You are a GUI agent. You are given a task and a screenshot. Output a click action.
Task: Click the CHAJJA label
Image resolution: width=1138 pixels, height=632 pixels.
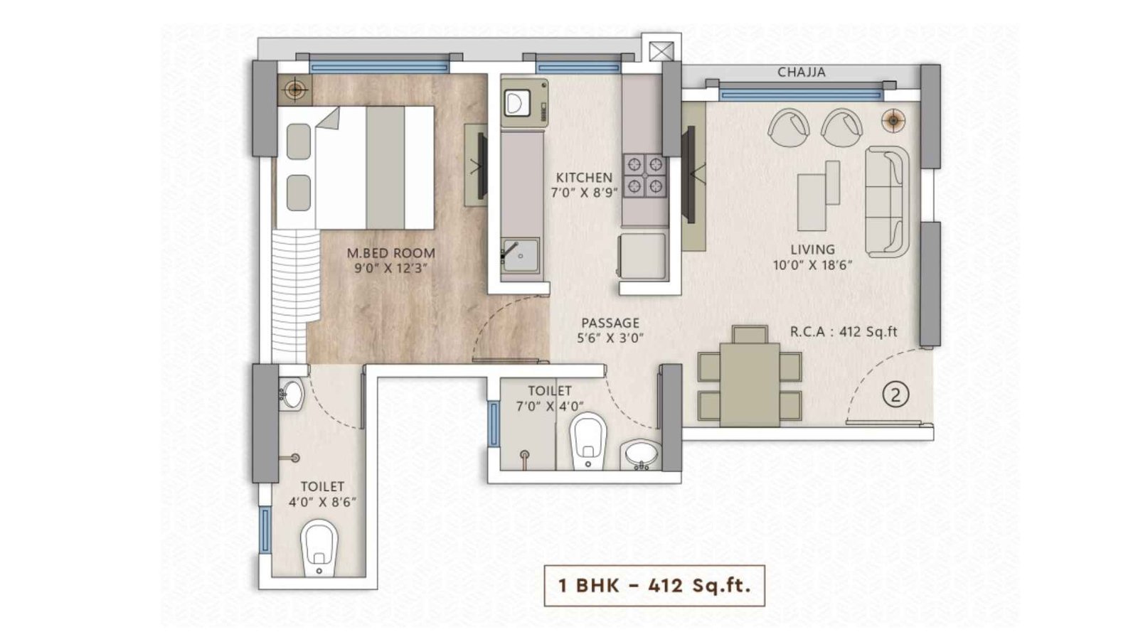pyautogui.click(x=801, y=72)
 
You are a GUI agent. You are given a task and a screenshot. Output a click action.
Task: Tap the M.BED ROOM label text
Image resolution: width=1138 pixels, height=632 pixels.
pyautogui.click(x=390, y=252)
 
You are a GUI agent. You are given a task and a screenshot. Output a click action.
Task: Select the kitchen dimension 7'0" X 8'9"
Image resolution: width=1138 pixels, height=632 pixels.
pyautogui.click(x=584, y=192)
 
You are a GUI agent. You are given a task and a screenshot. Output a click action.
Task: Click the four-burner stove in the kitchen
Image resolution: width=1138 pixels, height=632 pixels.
pyautogui.click(x=645, y=175)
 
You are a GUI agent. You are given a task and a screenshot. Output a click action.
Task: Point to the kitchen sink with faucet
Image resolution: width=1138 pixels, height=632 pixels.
pyautogui.click(x=520, y=253)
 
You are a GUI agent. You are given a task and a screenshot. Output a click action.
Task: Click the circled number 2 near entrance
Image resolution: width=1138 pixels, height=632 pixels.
pyautogui.click(x=895, y=394)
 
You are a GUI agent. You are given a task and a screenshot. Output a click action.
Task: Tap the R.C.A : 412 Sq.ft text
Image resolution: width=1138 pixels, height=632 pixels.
pyautogui.click(x=844, y=331)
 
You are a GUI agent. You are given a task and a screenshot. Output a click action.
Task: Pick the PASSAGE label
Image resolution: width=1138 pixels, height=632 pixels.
pyautogui.click(x=610, y=323)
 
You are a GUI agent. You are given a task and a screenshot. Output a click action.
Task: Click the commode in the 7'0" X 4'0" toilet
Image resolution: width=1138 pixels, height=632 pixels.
pyautogui.click(x=588, y=440)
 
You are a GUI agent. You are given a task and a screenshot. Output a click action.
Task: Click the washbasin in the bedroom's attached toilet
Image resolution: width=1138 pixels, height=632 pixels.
pyautogui.click(x=292, y=393)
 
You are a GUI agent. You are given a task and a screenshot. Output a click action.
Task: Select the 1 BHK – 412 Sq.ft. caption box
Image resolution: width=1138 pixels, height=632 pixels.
pyautogui.click(x=654, y=586)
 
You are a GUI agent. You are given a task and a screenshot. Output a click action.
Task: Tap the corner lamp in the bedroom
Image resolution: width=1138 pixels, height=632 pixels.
pyautogui.click(x=294, y=90)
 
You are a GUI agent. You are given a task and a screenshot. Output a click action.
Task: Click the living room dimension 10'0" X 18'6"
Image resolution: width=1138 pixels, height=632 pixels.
pyautogui.click(x=812, y=265)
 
